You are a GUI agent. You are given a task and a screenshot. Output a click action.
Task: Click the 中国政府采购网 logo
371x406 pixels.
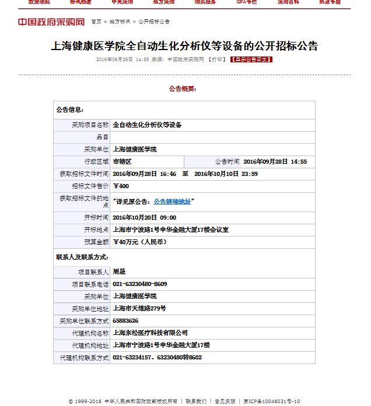point(51,22)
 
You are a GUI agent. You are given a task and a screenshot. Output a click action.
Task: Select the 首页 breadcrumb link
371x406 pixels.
point(96,22)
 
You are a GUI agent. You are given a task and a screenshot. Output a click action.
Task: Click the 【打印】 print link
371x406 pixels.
point(217,59)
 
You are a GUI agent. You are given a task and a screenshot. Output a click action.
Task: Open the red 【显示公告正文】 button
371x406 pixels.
point(251,59)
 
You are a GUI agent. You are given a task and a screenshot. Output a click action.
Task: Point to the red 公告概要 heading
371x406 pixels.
point(183,89)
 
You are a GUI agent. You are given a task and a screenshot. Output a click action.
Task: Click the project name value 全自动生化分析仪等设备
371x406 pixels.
point(147,125)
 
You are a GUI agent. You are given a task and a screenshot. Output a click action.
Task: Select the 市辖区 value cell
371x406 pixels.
point(123,161)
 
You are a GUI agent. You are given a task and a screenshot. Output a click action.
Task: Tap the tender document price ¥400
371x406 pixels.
point(121,186)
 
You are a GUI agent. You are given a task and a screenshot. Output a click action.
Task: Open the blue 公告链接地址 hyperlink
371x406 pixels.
point(171,202)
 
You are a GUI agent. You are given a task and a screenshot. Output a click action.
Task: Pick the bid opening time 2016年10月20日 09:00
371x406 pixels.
point(144,217)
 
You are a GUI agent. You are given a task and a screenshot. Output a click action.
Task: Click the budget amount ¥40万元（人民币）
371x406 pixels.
point(139,242)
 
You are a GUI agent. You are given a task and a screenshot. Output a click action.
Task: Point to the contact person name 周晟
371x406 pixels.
point(119,271)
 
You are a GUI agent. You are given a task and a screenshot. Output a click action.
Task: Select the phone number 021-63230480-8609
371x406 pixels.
point(140,284)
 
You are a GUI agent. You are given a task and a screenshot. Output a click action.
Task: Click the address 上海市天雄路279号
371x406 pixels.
point(139,308)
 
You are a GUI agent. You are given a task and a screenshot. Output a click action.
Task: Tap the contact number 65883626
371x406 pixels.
point(125,320)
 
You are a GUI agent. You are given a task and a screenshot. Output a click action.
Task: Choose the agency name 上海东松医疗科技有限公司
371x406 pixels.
point(150,333)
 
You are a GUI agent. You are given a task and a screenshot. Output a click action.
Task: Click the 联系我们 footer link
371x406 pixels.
point(197,401)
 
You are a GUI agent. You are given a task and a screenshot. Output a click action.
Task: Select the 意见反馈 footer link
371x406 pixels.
point(225,401)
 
